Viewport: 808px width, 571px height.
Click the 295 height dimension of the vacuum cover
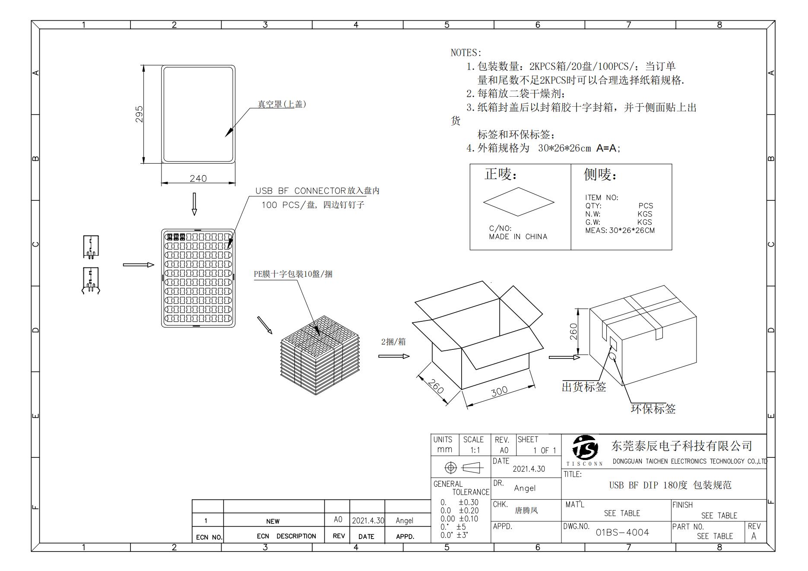[x=139, y=114]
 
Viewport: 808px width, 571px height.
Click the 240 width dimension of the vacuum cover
[x=198, y=178]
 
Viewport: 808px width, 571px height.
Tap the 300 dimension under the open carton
[x=499, y=391]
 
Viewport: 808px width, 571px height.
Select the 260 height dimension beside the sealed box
[x=574, y=331]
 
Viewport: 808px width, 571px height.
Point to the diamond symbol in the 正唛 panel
[x=519, y=202]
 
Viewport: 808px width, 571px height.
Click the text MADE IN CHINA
[x=518, y=237]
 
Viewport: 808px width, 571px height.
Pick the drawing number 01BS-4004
[x=622, y=532]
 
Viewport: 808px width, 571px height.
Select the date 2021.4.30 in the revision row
[x=368, y=520]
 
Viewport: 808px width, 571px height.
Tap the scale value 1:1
[x=475, y=450]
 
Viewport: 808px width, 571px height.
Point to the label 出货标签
[x=584, y=387]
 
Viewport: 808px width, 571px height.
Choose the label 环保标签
[x=653, y=409]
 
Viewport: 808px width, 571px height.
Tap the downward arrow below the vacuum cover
[x=194, y=204]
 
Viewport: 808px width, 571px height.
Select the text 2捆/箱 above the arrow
[x=393, y=342]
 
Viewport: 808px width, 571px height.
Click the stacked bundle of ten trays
[x=320, y=355]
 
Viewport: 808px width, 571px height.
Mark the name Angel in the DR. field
[x=525, y=488]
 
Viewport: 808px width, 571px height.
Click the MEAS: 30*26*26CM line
[x=620, y=230]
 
